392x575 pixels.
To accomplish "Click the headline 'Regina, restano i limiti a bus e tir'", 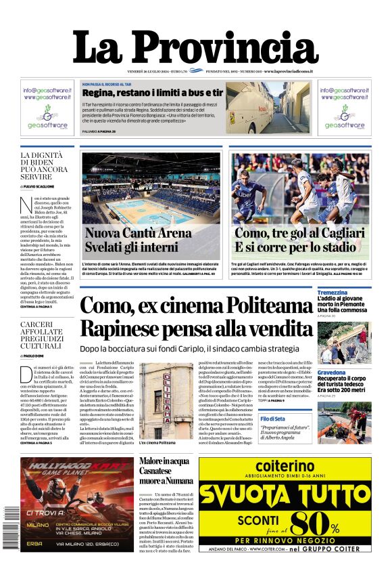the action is tap(153, 92).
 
